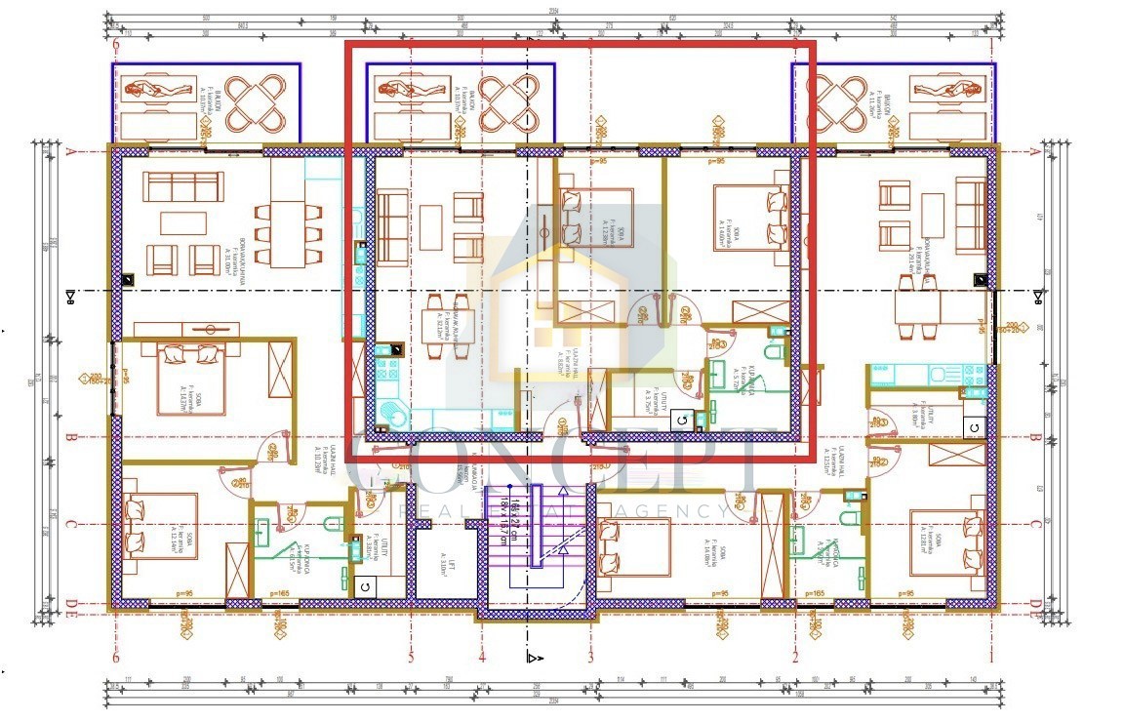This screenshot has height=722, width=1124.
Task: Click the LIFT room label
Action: (x=442, y=564)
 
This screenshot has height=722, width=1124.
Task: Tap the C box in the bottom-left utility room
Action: (x=365, y=585)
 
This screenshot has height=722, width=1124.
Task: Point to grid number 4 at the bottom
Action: (x=482, y=658)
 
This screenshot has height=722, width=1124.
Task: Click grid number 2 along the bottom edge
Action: (x=795, y=658)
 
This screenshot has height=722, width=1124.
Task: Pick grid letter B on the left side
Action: (x=70, y=438)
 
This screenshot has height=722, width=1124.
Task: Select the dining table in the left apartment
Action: (x=289, y=234)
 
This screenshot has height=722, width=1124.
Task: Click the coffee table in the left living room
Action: (x=183, y=223)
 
